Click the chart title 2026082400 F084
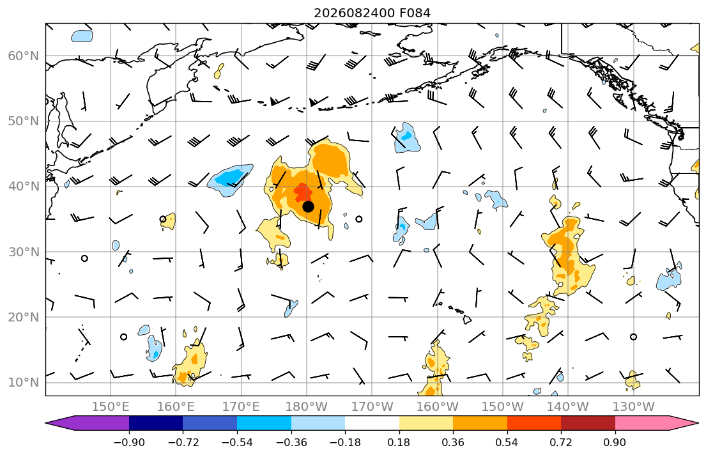coord(372,13)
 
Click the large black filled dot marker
coord(308,207)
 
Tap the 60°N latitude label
coord(24,56)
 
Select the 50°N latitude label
coord(24,121)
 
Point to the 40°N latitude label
coord(24,186)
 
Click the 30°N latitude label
coord(24,252)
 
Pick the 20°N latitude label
coord(24,317)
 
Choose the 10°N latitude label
coord(24,383)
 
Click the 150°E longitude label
coord(111,407)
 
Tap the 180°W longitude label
coord(307,407)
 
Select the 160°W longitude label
coord(438,407)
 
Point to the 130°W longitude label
coord(634,407)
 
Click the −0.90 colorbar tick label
coord(129,443)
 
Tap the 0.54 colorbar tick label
coord(507,443)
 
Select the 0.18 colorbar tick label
coord(399,443)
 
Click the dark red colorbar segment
coord(588,423)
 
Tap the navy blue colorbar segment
coord(156,423)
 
